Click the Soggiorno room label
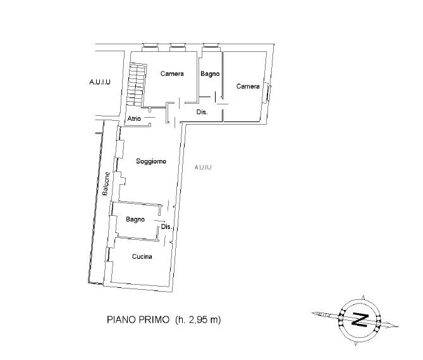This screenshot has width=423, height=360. (151, 161)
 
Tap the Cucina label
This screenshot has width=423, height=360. (142, 256)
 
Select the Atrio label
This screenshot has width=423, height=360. (134, 118)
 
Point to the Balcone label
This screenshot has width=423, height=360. (106, 183)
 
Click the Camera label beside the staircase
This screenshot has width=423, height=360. (172, 73)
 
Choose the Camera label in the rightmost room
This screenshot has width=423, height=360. (248, 86)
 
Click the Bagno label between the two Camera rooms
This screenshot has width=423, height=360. (210, 74)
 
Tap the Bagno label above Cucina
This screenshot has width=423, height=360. (135, 220)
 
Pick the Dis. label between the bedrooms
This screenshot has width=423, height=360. (202, 112)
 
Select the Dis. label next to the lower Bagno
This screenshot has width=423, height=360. (166, 227)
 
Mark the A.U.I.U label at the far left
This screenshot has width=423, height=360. (100, 82)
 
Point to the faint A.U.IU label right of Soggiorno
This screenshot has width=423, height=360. (203, 167)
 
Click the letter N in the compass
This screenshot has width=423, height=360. (360, 320)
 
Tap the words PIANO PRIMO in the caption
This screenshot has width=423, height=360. (138, 320)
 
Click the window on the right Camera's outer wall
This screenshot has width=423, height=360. (267, 92)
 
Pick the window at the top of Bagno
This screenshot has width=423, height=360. (211, 46)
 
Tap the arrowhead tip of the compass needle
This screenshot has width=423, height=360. (399, 326)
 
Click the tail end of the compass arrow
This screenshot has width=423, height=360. (312, 313)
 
